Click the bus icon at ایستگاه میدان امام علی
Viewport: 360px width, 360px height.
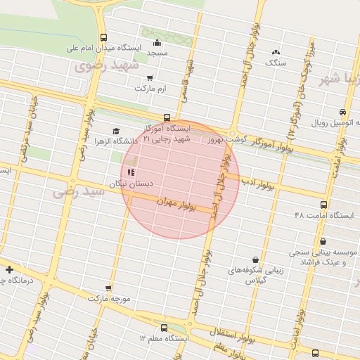coord(104,38)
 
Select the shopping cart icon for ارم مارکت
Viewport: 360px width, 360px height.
coord(149,78)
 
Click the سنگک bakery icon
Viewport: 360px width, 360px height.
coord(276,52)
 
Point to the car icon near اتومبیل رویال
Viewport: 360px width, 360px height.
coord(342,112)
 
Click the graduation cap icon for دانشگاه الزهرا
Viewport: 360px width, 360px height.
coord(116,131)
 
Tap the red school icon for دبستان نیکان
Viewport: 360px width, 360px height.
coord(130,172)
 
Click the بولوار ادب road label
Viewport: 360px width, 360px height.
coord(259,184)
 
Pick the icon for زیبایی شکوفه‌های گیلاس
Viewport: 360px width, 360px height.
coord(255,259)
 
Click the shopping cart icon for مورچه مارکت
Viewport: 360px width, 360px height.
coord(108,288)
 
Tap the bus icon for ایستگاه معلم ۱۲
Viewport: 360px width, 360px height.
coord(165,328)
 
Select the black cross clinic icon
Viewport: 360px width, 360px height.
coord(9,269)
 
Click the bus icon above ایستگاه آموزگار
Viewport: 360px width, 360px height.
coord(167,118)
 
